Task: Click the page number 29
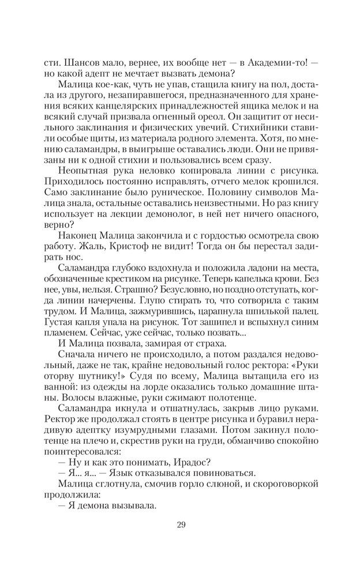coord(180,524)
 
